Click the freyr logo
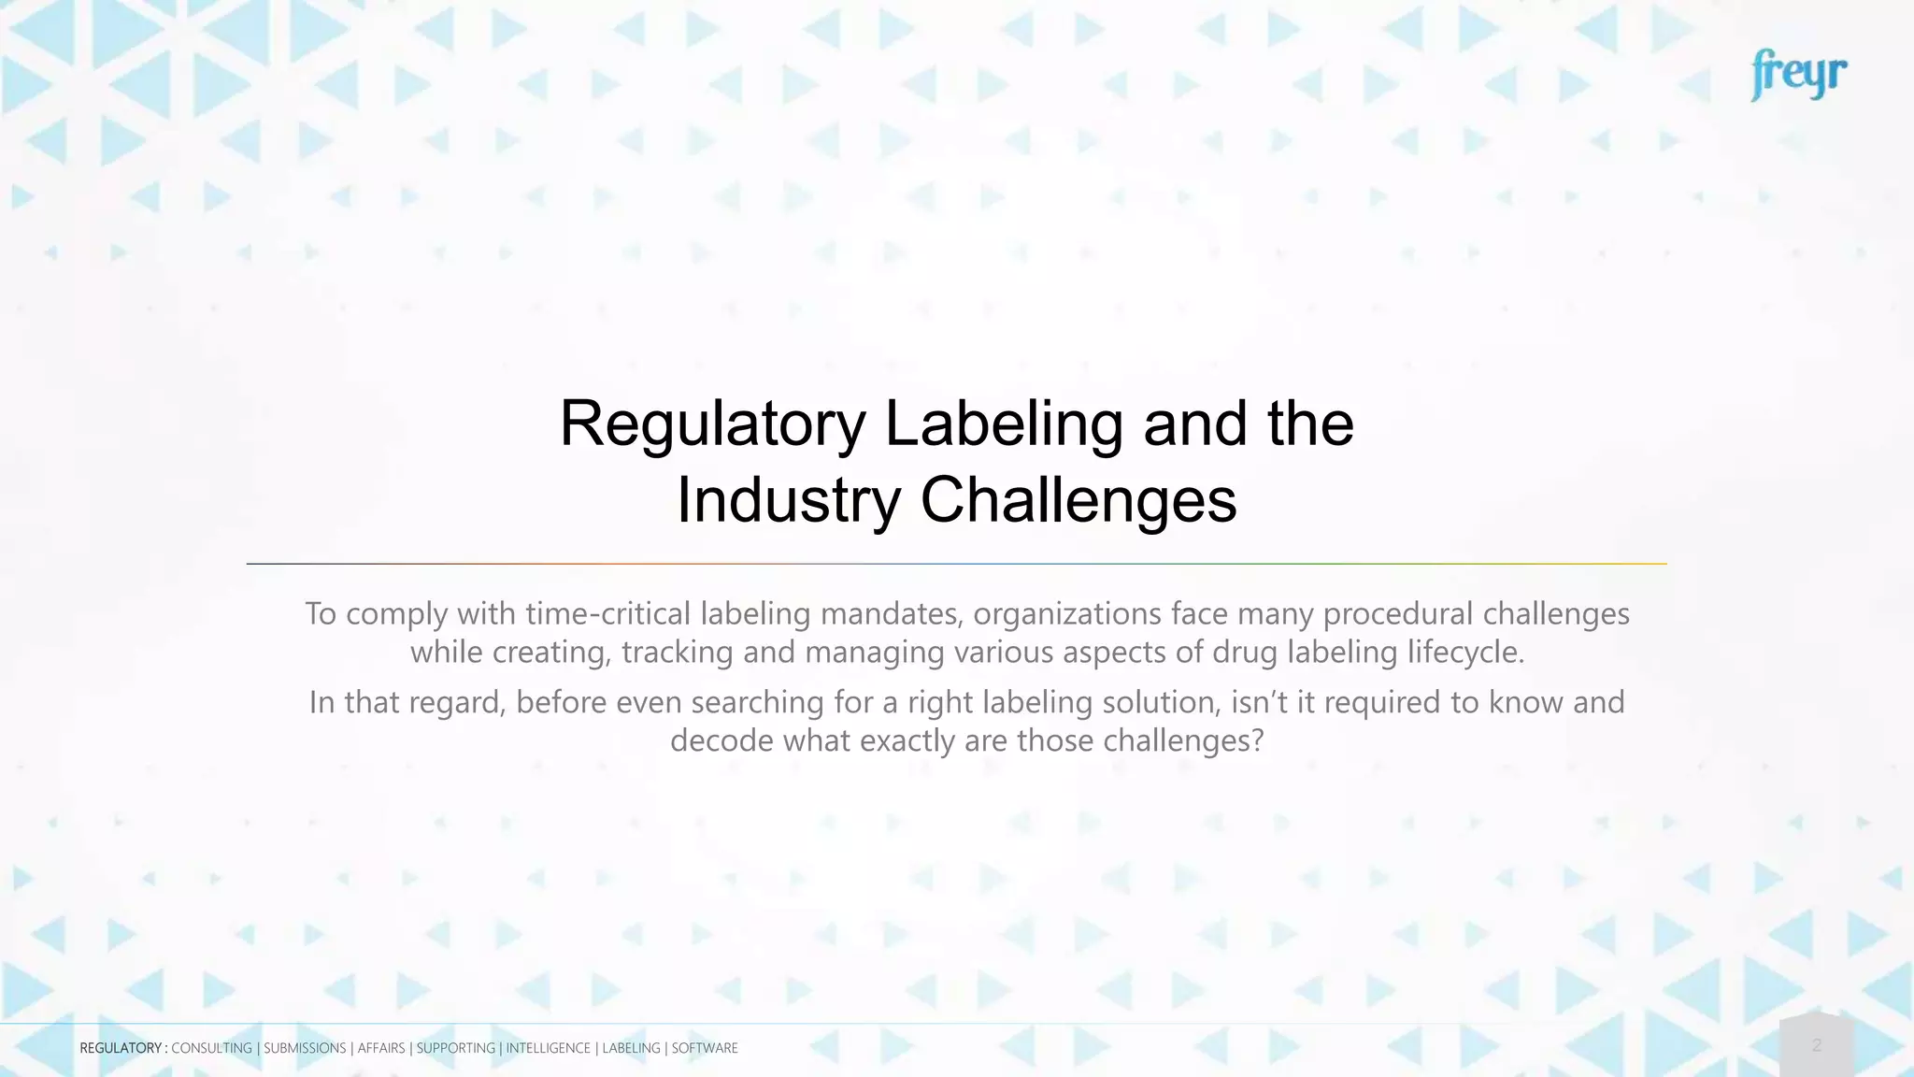click(1798, 75)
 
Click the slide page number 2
click(1817, 1045)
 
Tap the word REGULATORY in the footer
click(121, 1048)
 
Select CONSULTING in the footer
click(211, 1048)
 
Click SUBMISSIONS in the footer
click(305, 1048)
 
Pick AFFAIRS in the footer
click(381, 1048)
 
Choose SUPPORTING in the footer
click(455, 1048)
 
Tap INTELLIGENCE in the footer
click(548, 1048)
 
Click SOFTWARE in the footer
click(705, 1048)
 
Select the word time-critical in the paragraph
click(608, 614)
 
